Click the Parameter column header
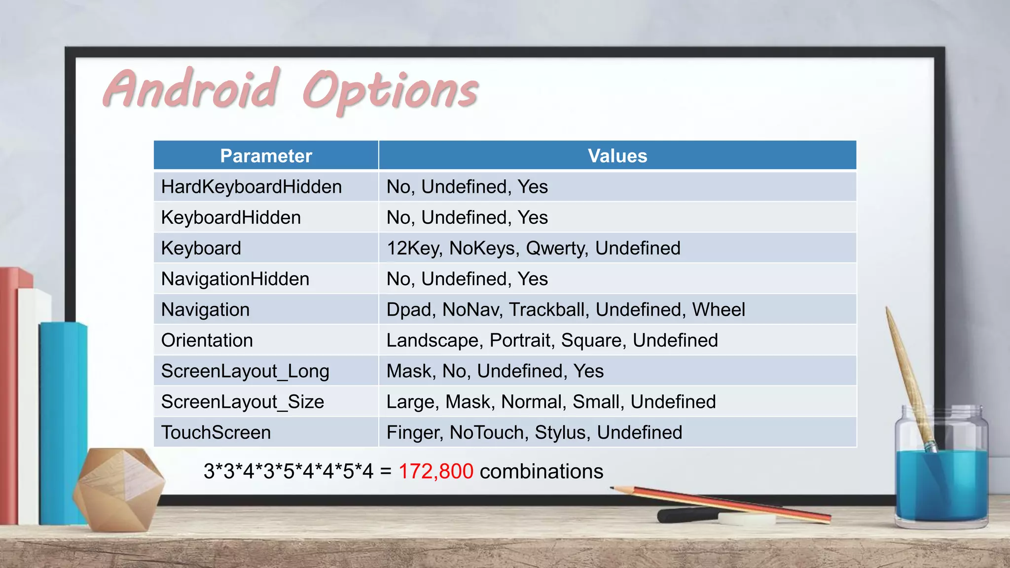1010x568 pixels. (266, 156)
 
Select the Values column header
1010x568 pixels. (617, 156)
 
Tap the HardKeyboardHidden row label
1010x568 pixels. (252, 187)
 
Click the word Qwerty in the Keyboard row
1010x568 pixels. (557, 248)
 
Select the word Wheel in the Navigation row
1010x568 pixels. (719, 310)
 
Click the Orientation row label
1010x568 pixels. (207, 340)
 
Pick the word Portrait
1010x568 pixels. (522, 340)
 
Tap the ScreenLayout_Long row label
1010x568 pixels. (245, 371)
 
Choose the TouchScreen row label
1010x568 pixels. (216, 432)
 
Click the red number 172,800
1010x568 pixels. (436, 471)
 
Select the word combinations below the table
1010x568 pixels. (541, 471)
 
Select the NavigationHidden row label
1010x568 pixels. (235, 279)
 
